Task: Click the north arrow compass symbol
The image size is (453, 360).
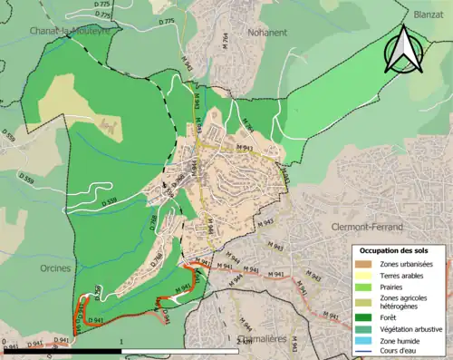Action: [x=403, y=51]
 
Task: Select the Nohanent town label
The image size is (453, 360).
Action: [x=267, y=31]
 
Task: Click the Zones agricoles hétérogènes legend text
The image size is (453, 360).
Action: [x=406, y=303]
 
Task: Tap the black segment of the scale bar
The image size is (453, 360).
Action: [x=63, y=350]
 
